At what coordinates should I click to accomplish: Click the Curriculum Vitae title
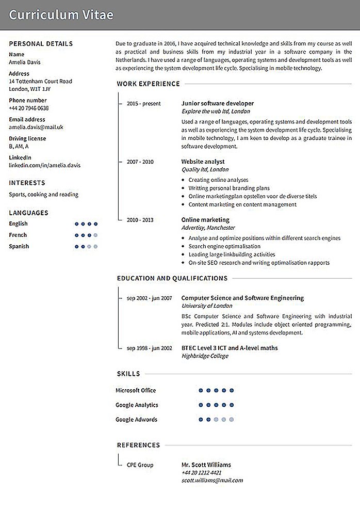click(x=61, y=15)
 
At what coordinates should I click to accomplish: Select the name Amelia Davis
click(x=24, y=62)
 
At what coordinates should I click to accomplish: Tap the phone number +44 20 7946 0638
click(x=29, y=108)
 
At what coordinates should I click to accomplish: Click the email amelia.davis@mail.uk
click(x=36, y=127)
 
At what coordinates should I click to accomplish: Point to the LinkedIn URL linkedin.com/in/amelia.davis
click(x=44, y=166)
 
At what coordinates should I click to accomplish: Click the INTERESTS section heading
click(x=27, y=183)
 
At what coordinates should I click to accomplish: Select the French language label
click(x=18, y=235)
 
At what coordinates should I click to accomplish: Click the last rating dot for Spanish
click(x=95, y=247)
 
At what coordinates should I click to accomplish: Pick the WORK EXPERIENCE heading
click(x=148, y=84)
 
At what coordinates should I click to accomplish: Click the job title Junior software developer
click(x=217, y=103)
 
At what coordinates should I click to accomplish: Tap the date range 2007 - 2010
click(x=140, y=162)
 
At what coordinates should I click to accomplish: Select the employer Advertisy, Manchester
click(x=208, y=228)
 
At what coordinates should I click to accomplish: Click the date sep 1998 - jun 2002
click(x=149, y=348)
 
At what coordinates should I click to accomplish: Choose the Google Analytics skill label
click(x=137, y=405)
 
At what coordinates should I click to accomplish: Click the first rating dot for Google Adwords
click(x=201, y=420)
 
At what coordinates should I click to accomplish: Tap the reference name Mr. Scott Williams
click(x=206, y=465)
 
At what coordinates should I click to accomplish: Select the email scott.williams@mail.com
click(x=212, y=480)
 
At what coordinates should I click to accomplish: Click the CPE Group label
click(x=140, y=465)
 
